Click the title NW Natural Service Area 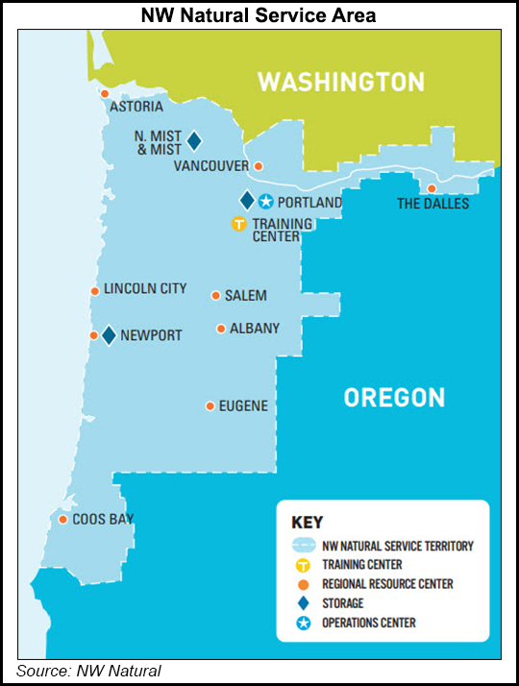pos(259,14)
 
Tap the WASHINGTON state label pos(340,81)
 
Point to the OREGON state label pos(394,397)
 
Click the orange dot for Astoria pos(105,93)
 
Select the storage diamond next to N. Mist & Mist pos(194,141)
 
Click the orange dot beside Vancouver pos(258,166)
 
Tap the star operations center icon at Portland pos(266,201)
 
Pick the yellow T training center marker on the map pos(238,224)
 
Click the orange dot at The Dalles pos(432,188)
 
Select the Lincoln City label pos(145,289)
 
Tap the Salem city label pos(246,296)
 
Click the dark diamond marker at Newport pos(109,335)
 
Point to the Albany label pos(255,329)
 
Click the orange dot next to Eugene pos(210,406)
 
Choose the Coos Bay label pos(105,520)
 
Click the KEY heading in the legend pos(307,523)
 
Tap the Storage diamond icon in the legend pos(302,603)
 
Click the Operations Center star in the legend pos(302,623)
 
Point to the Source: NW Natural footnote pos(88,672)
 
